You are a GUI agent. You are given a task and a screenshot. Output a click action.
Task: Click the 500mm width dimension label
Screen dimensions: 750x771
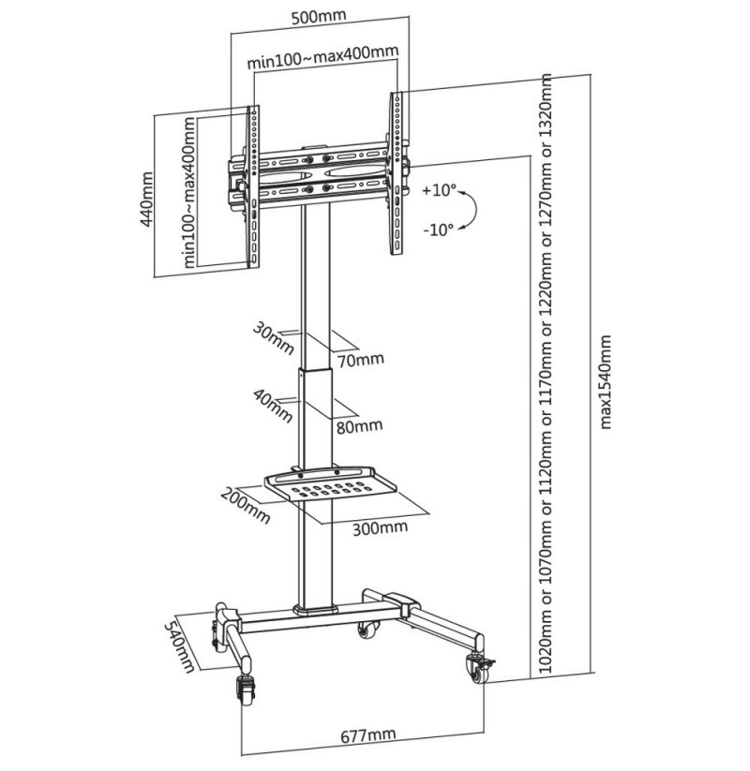pos(319,16)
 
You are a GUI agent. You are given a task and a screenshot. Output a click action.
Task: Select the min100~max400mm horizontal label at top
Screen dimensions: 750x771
pos(322,56)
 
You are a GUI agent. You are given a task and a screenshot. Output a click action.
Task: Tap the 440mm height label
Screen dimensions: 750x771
pos(146,200)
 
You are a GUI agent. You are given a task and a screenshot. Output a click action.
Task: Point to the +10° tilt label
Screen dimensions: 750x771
pos(439,190)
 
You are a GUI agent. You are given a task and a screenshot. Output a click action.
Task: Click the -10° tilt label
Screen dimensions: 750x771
pos(438,230)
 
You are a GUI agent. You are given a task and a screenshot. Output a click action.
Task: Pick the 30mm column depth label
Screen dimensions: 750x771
pos(274,338)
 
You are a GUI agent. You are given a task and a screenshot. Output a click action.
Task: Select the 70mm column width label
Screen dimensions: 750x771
pos(361,360)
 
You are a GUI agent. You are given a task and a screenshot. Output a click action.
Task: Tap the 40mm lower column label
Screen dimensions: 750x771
pos(274,406)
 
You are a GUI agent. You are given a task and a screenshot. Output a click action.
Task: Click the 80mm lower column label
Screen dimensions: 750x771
pos(360,426)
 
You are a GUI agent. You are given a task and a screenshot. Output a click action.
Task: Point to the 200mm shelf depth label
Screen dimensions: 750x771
pos(246,505)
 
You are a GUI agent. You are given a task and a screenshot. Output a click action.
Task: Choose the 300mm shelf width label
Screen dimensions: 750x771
pos(380,527)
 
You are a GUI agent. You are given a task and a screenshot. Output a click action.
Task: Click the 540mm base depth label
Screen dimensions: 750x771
pos(179,645)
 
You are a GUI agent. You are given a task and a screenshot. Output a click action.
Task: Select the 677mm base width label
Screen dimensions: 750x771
pos(368,736)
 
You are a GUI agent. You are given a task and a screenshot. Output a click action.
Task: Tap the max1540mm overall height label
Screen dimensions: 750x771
pos(606,382)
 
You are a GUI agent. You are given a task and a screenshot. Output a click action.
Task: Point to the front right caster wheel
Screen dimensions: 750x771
pos(478,669)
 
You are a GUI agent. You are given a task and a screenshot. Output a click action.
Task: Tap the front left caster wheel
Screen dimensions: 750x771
pos(246,690)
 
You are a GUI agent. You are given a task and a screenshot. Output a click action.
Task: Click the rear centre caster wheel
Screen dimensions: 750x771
pos(368,630)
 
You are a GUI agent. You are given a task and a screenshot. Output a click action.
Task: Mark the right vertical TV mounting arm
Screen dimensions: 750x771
pos(397,173)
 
